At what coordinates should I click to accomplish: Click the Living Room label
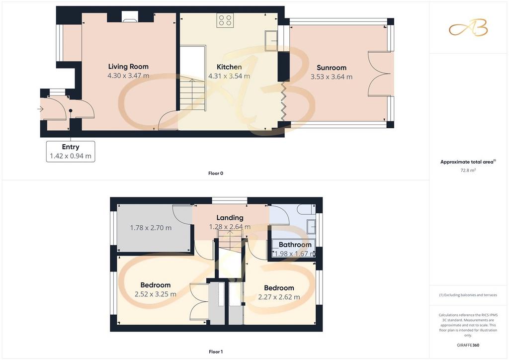tap(128, 67)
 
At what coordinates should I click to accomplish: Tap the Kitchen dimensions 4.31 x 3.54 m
tap(229, 76)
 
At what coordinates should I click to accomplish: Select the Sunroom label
tap(332, 68)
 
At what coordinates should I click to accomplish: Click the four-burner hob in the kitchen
tap(225, 20)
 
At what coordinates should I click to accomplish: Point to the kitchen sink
tap(271, 41)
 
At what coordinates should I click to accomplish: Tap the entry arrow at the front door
tap(40, 109)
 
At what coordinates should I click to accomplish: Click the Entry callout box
tap(71, 151)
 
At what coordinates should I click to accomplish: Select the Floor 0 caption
tap(216, 174)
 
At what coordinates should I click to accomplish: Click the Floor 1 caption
tap(216, 352)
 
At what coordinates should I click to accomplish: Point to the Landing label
tap(230, 217)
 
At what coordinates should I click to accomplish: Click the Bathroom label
tap(295, 245)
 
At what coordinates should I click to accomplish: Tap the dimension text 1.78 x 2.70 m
tap(151, 228)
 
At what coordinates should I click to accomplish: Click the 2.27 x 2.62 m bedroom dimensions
tap(279, 297)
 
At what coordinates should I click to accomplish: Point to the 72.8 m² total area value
tap(468, 170)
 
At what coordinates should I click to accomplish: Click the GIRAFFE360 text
tap(468, 345)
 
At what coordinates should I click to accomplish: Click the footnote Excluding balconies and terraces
tap(468, 295)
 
